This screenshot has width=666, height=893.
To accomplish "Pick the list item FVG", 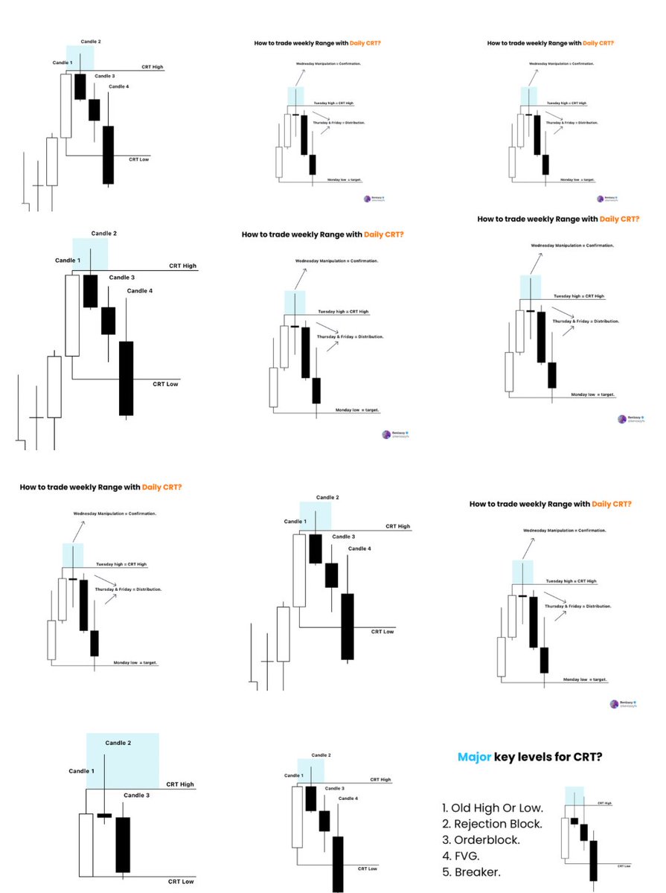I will point(461,856).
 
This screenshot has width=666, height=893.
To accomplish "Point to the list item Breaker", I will point(471,871).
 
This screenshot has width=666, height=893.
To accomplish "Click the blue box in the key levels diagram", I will point(574,796).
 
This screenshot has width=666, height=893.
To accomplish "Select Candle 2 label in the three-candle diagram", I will point(118,743).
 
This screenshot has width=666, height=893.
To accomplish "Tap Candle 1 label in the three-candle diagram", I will point(82,771).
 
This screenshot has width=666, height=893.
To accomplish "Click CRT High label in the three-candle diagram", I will point(181,784).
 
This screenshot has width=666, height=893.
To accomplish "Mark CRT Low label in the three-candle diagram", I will point(179,882).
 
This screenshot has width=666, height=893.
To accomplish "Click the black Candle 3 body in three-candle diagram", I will point(123,844).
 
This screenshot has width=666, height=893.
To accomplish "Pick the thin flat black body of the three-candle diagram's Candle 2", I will point(104,816).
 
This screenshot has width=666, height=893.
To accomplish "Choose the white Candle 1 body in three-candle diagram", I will point(86,845).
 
